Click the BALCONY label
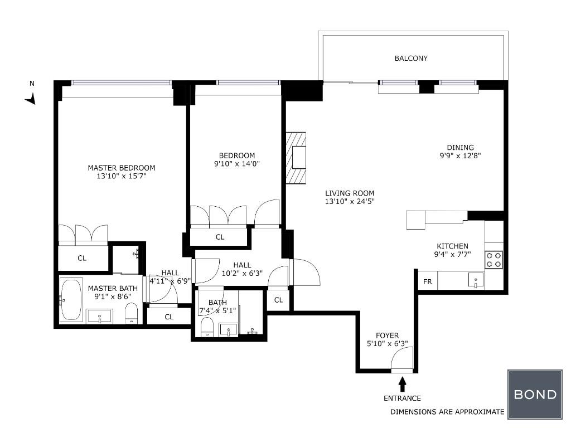pos(411,58)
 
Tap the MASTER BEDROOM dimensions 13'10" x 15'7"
pos(121,177)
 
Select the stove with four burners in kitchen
pos(494,260)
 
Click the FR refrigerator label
pos(427,281)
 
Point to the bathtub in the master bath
pos(71,300)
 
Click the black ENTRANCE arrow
pos(403,384)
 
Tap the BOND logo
pos(535,394)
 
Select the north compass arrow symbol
pos(31,99)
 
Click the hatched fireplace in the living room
pos(296,158)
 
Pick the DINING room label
pos(460,147)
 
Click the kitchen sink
pos(476,280)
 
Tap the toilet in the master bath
pos(131,314)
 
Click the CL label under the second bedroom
pos(220,237)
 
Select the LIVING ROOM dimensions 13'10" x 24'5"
pos(350,201)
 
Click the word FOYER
pos(387,335)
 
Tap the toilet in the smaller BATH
pos(207,327)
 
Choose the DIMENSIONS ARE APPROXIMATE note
pos(447,412)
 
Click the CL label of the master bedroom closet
pos(82,258)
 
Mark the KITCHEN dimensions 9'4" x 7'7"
pos(452,254)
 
